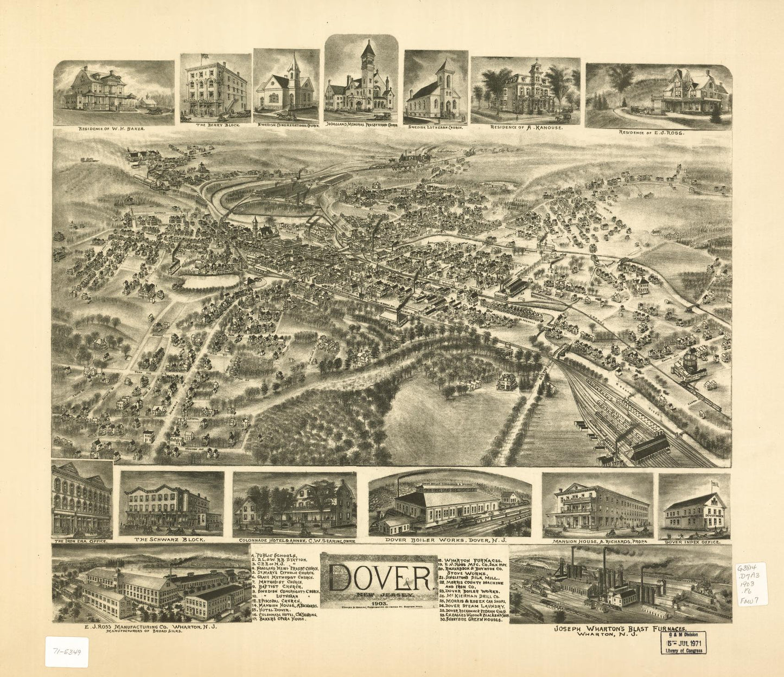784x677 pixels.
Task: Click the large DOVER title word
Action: (x=378, y=579)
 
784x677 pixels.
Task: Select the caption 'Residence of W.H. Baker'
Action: (x=112, y=129)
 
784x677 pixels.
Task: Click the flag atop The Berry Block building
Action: (x=204, y=56)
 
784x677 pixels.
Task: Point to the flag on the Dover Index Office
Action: (x=714, y=482)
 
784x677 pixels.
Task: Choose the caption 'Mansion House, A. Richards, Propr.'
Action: (x=597, y=541)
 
